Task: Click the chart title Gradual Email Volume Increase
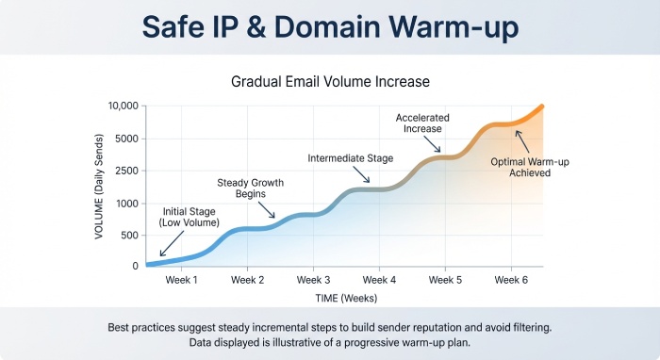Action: coord(330,81)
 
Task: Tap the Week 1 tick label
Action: coord(182,280)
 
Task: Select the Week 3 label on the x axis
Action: coord(313,280)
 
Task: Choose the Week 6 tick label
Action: coord(510,280)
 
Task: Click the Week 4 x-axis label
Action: coord(379,280)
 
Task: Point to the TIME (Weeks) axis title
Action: coord(346,298)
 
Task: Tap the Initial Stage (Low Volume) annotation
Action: coord(191,217)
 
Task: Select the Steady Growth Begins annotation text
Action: coord(250,187)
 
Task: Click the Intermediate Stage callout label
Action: coord(352,158)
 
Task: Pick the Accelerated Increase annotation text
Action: coord(421,123)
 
